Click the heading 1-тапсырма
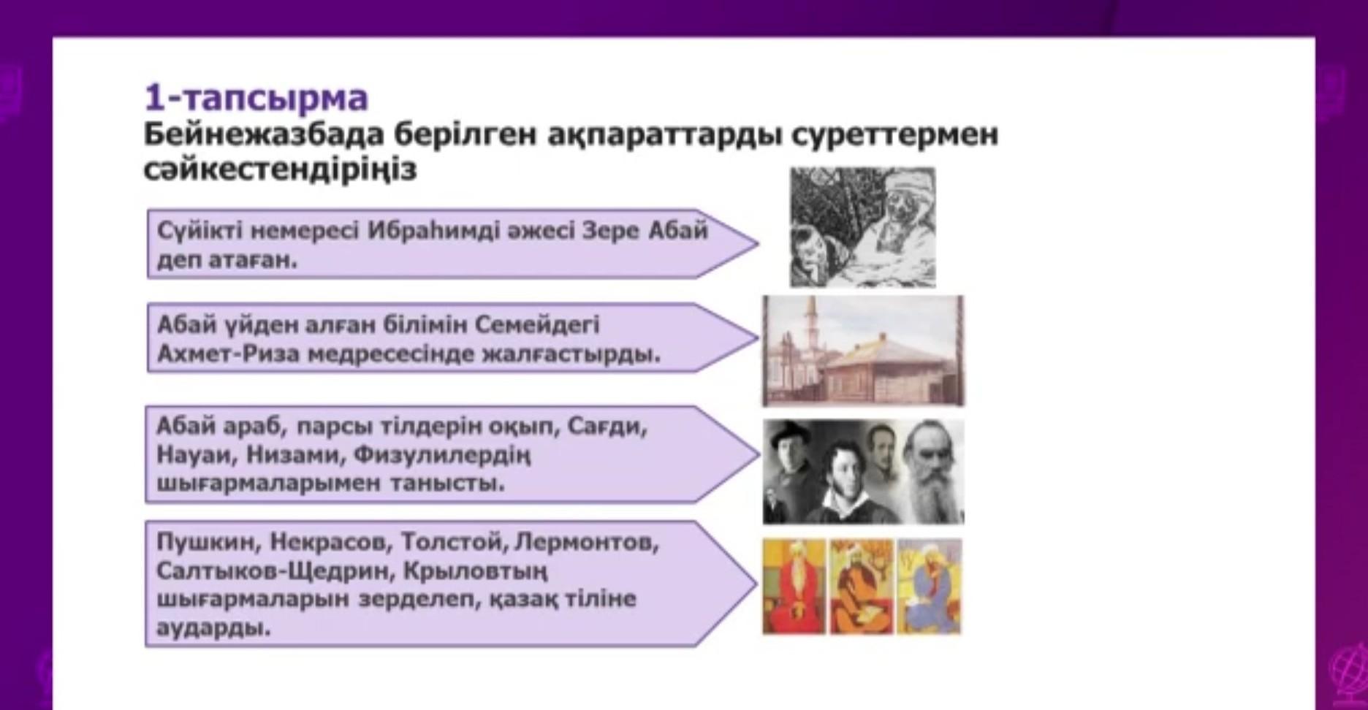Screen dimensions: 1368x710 (256, 98)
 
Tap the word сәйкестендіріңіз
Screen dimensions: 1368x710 (280, 169)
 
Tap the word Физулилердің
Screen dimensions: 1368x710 (442, 456)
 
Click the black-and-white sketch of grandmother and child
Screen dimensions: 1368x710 (862, 227)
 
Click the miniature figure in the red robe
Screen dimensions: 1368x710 (794, 587)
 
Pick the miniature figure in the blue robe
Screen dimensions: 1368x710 (930, 587)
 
